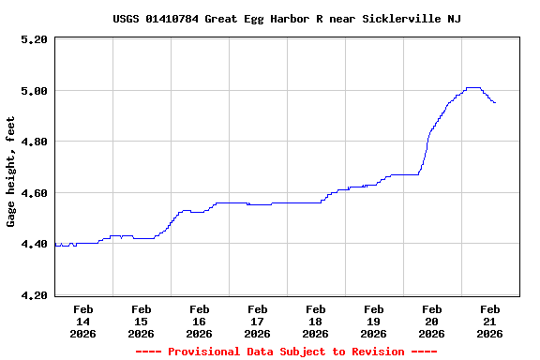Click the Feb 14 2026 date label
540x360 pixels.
click(82, 321)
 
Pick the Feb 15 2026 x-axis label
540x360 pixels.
click(141, 321)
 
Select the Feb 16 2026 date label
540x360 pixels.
click(199, 321)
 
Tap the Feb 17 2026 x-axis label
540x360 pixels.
click(257, 321)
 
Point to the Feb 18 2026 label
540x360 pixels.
click(315, 321)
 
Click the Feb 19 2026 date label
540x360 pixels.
click(373, 321)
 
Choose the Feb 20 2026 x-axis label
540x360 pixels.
click(431, 321)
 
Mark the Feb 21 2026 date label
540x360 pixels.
click(489, 321)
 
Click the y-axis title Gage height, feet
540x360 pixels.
click(11, 172)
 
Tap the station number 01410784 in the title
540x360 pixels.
click(174, 19)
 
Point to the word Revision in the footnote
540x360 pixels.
click(374, 352)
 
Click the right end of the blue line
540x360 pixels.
click(495, 102)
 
